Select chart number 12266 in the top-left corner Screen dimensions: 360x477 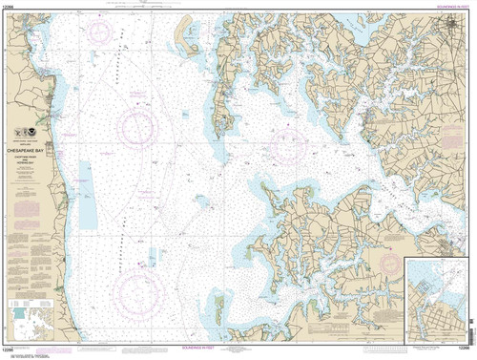13,5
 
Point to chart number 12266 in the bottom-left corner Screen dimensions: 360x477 13,354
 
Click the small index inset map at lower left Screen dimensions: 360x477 30,325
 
